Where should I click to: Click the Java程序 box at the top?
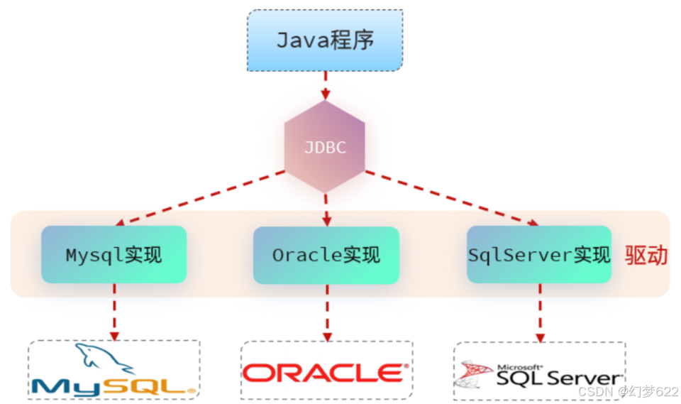pyautogui.click(x=325, y=40)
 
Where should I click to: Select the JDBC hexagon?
pyautogui.click(x=325, y=147)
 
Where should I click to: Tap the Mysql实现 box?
pyautogui.click(x=113, y=255)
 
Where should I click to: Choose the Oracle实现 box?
pyautogui.click(x=326, y=255)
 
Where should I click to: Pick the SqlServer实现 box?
pyautogui.click(x=539, y=255)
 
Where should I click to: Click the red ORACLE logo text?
pyautogui.click(x=326, y=373)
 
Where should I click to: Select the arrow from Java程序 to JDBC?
pyautogui.click(x=325, y=85)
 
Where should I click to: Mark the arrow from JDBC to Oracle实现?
pyautogui.click(x=326, y=209)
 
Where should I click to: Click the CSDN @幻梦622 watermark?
pyautogui.click(x=627, y=391)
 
